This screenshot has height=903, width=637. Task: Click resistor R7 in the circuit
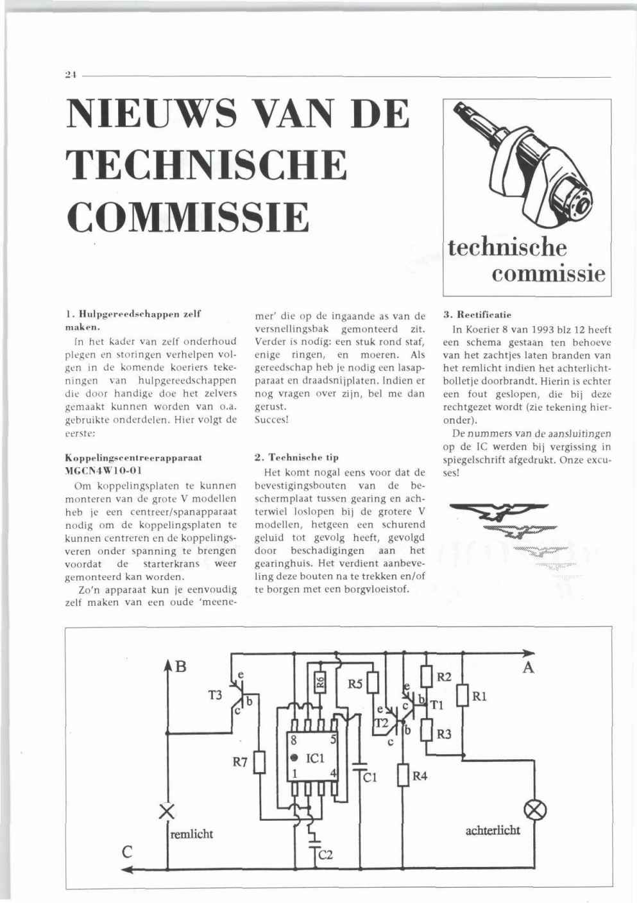coord(259,763)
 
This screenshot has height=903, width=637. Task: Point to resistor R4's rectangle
coord(403,776)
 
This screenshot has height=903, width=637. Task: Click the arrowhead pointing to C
coord(128,870)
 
